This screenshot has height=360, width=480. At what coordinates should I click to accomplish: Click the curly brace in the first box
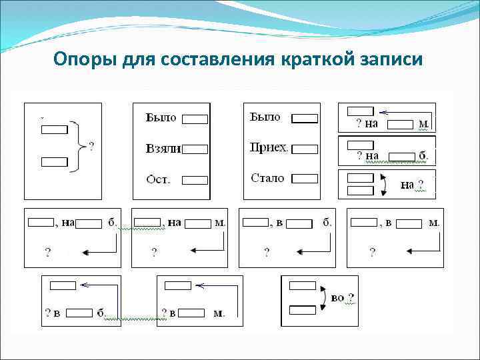[80, 143]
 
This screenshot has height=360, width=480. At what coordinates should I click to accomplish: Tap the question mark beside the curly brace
[91, 143]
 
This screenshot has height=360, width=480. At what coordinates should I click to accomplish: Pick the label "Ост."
[158, 179]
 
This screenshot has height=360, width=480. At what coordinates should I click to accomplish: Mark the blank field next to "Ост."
[195, 180]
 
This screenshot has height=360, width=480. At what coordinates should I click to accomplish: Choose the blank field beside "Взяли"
[195, 149]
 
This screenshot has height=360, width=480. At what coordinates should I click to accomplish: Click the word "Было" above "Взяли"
[161, 118]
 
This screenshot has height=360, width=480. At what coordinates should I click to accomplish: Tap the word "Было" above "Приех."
[265, 117]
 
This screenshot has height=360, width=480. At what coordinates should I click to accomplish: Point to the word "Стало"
[267, 179]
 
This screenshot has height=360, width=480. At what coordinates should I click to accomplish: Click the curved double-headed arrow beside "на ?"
[383, 184]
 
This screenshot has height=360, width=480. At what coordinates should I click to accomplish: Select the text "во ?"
[342, 297]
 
